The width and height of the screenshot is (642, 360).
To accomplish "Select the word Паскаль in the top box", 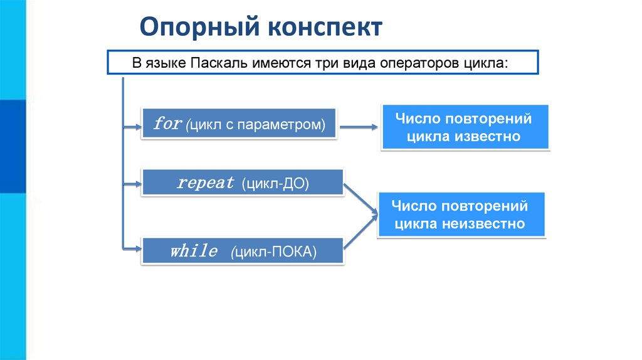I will pos(221,64).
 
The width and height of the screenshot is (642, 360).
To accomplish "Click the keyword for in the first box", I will pos(167,124).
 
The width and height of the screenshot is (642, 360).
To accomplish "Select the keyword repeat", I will pos(206,183).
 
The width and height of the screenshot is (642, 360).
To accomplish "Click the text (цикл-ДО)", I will pos(278,184).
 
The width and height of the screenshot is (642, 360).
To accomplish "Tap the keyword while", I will pos(193,252).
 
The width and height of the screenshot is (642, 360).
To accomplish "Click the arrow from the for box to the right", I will pos(359,127).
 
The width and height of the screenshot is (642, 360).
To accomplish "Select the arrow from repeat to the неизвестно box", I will pos(360,200).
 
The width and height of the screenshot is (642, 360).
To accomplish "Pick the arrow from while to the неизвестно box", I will pos(360,234).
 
